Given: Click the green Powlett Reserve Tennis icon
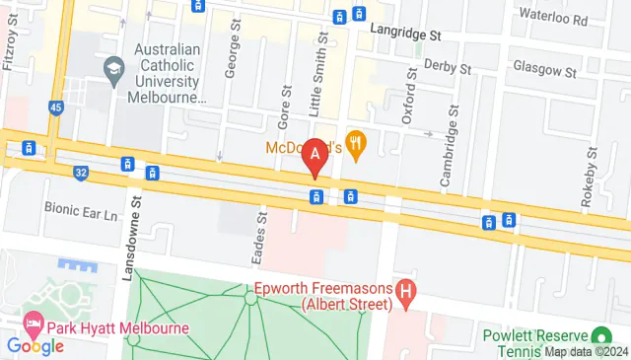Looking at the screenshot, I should (x=598, y=335).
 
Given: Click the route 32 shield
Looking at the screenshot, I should (x=80, y=173).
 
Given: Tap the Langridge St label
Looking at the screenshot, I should (x=404, y=33).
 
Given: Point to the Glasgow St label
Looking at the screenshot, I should (x=544, y=71).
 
